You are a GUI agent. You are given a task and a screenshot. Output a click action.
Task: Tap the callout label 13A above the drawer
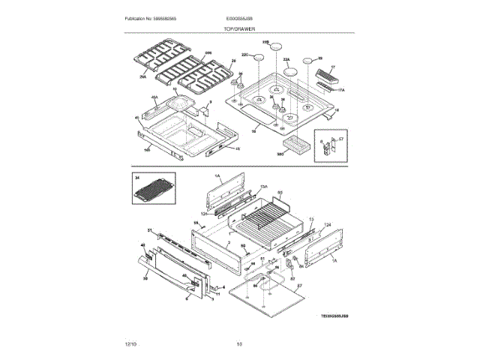coord(263,187)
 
